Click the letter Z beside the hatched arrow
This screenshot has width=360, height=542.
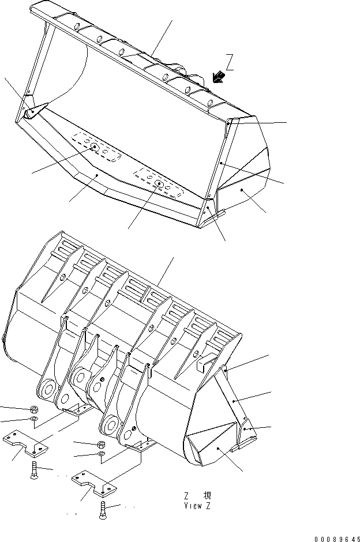tap(230, 62)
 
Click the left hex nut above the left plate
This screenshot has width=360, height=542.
tap(33, 409)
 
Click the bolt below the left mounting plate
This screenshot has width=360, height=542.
tap(35, 469)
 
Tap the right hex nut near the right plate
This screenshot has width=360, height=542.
tap(100, 446)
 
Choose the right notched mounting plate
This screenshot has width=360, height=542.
tap(92, 483)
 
